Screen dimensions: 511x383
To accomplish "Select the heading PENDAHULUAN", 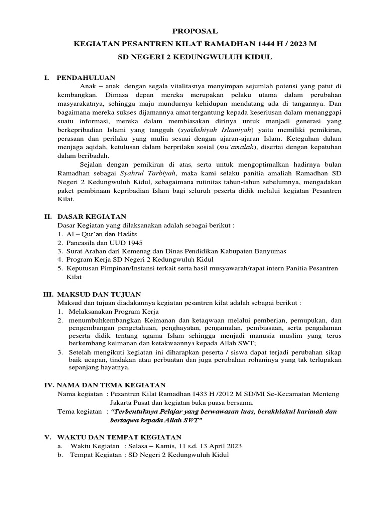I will pos(86,78).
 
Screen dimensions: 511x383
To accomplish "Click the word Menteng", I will pos(325,394).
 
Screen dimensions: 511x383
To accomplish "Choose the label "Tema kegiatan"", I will pos(80,412).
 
